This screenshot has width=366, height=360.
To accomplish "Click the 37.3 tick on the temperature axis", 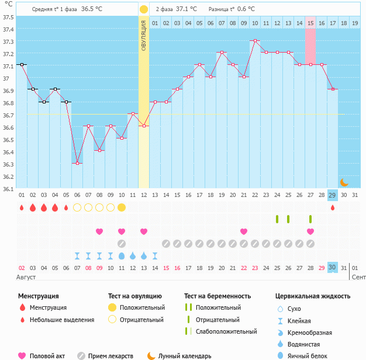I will (x=8, y=42).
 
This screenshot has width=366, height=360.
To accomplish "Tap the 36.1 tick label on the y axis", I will (x=8, y=189).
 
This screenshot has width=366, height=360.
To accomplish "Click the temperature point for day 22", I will (x=255, y=40).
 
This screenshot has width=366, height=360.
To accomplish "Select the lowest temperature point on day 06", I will (x=77, y=163).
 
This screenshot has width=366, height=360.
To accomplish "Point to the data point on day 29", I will (x=333, y=89).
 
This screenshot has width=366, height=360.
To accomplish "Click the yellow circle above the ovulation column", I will (x=144, y=9).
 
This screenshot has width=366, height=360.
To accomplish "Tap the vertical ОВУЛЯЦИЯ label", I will (x=144, y=35).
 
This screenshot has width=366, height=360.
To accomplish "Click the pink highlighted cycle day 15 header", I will (x=310, y=23).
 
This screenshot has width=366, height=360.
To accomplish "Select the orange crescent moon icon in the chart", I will (x=344, y=182).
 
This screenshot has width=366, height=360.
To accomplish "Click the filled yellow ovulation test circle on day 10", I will (x=122, y=207).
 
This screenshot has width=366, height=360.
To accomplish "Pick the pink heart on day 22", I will (x=243, y=231).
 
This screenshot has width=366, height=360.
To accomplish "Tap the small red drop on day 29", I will (x=333, y=207).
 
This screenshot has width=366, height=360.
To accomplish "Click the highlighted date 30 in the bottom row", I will (x=333, y=267).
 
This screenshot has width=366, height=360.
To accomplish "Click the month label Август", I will (x=26, y=276).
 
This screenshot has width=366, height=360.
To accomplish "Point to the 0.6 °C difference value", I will (x=246, y=9).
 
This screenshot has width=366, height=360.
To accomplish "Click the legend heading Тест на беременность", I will (x=217, y=296).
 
